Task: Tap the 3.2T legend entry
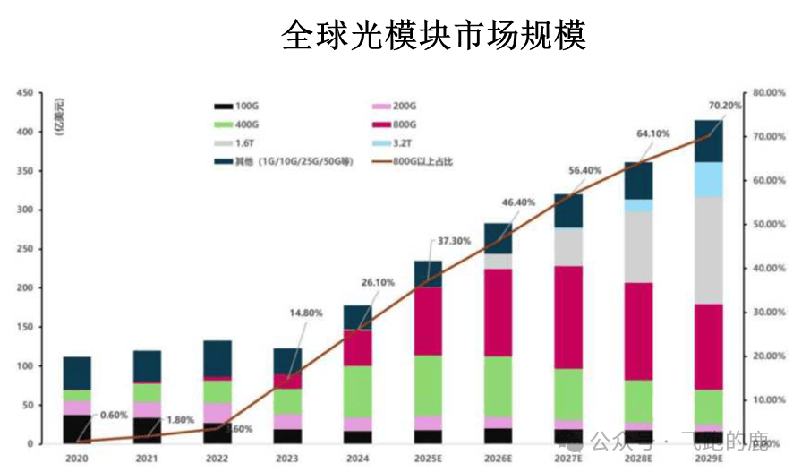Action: [x=413, y=143]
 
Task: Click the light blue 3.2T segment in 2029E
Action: [x=709, y=179]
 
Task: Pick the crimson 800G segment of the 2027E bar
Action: [x=568, y=317]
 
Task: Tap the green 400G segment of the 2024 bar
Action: [x=358, y=391]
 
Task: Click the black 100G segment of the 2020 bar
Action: [x=76, y=429]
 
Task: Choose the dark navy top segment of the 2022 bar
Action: [x=217, y=358]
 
